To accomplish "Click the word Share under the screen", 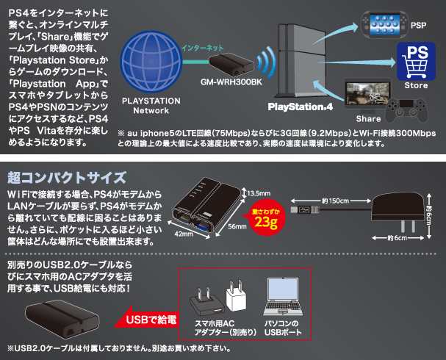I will click(367, 118).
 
